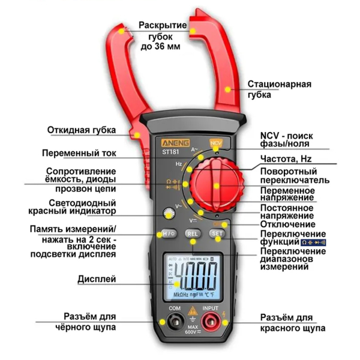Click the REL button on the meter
[x=193, y=233]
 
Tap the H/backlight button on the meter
[x=168, y=233]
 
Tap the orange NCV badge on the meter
[x=215, y=143]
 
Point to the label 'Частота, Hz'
[x=285, y=159]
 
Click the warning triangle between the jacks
[x=193, y=311]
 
